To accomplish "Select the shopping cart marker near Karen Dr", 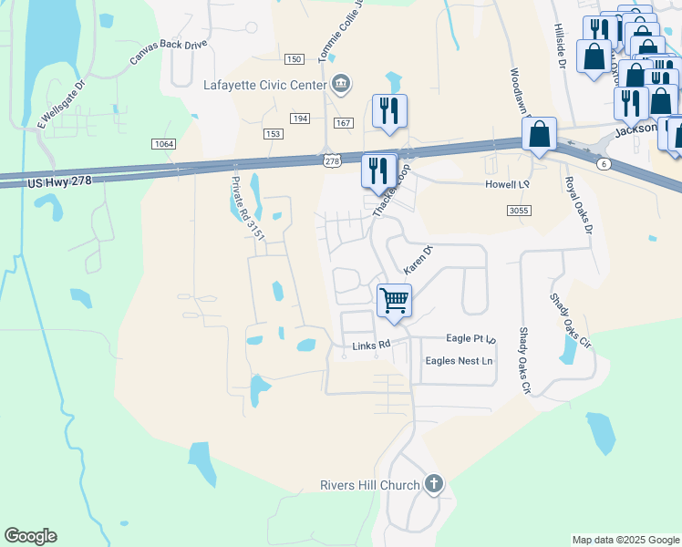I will click(x=394, y=300).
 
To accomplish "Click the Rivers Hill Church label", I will click(x=368, y=485).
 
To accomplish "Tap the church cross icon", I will click(x=434, y=484).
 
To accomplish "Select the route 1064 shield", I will click(x=164, y=144).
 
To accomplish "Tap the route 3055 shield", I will click(x=519, y=211).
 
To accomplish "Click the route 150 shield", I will click(x=293, y=59).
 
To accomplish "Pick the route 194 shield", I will click(x=300, y=119).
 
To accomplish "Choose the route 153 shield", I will click(x=273, y=134).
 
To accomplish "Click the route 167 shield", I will click(x=343, y=122).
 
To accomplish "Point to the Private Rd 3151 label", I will click(x=247, y=209).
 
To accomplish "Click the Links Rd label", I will click(x=371, y=346).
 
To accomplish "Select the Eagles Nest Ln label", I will click(x=459, y=361).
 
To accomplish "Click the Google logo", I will click(x=30, y=536).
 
